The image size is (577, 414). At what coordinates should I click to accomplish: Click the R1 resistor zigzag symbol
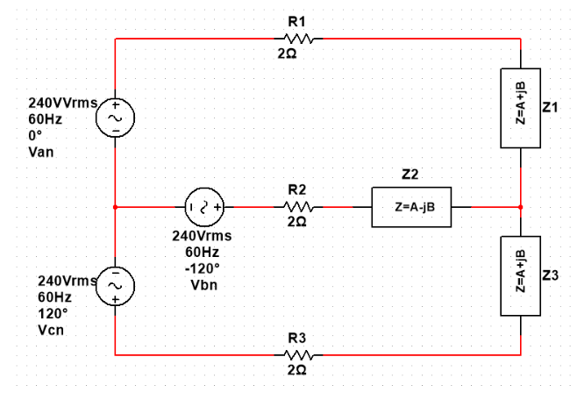click(296, 39)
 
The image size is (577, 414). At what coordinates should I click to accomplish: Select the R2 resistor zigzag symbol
click(296, 207)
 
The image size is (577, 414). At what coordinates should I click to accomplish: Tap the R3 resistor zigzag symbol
click(296, 355)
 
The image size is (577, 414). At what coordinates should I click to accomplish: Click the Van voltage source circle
click(115, 116)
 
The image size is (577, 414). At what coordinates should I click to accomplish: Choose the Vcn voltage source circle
click(115, 285)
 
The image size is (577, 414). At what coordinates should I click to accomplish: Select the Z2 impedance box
click(411, 207)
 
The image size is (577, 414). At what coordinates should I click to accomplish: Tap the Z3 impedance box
click(521, 275)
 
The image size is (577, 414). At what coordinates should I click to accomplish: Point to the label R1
click(296, 21)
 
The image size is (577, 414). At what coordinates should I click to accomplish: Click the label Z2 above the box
click(409, 175)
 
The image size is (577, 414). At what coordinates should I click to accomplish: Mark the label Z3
click(551, 275)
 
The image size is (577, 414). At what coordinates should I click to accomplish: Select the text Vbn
click(202, 285)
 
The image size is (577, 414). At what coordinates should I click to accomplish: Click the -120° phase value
click(202, 268)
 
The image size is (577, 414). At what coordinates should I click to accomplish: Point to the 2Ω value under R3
click(296, 372)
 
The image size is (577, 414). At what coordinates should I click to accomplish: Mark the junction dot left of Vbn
click(115, 207)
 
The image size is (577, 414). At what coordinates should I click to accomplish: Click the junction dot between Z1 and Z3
click(521, 207)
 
